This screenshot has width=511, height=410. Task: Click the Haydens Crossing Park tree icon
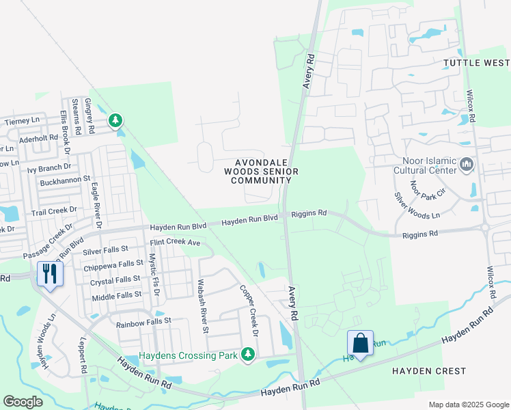pos(247,354)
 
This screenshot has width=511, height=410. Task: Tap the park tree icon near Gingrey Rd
pos(115,121)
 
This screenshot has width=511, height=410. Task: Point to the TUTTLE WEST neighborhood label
pos(476,63)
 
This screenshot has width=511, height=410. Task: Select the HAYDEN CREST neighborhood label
pos(429,371)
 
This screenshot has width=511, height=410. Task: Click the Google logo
pos(23,401)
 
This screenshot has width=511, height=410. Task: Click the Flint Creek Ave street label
pos(175,243)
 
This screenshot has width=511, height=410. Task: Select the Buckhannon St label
pos(66,180)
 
